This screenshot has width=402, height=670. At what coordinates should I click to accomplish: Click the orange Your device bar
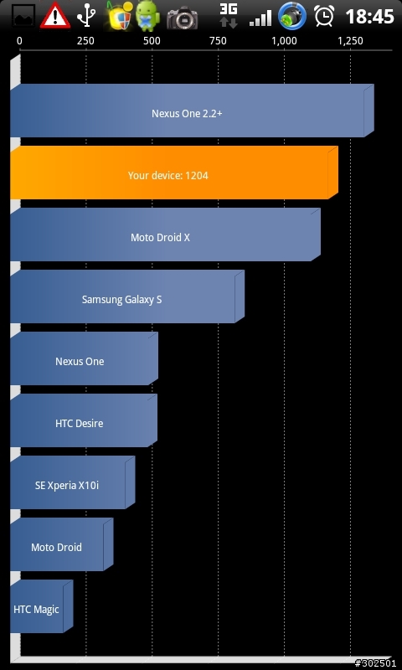(x=174, y=173)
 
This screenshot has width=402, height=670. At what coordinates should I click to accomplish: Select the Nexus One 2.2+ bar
(x=193, y=111)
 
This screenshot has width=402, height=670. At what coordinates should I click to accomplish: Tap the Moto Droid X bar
(x=165, y=234)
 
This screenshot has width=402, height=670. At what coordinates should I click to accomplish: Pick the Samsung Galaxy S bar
(x=127, y=296)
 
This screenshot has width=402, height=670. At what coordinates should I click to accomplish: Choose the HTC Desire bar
(x=84, y=420)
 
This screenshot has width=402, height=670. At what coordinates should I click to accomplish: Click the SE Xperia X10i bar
(x=73, y=482)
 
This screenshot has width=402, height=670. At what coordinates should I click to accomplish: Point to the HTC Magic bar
(x=42, y=606)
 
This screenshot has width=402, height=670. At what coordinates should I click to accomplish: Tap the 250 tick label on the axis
(x=85, y=41)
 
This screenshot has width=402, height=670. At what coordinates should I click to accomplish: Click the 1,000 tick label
(x=284, y=41)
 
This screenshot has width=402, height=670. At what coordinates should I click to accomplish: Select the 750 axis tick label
(x=218, y=41)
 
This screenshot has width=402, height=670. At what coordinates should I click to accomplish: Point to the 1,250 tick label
(x=350, y=41)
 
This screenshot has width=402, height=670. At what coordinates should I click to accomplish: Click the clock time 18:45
(x=369, y=17)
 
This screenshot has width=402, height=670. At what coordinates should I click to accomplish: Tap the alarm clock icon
(x=324, y=16)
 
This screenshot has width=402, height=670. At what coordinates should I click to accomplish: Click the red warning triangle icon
(x=55, y=16)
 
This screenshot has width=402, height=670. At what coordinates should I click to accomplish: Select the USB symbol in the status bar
(x=85, y=16)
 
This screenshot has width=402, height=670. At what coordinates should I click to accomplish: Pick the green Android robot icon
(x=147, y=16)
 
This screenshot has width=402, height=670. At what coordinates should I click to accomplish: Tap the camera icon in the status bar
(x=182, y=18)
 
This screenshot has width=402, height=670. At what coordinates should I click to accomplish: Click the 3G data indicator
(x=229, y=16)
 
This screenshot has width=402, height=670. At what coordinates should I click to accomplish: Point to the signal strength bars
(x=260, y=18)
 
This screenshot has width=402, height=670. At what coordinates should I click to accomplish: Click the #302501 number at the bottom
(x=375, y=663)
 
